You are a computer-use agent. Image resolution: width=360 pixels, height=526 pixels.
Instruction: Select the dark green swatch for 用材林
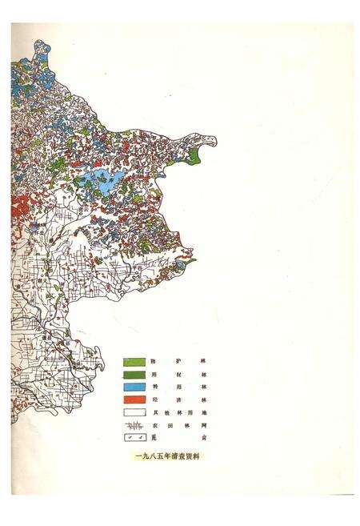tap(134, 375)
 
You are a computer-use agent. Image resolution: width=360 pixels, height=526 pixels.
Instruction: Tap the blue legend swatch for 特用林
tap(134, 387)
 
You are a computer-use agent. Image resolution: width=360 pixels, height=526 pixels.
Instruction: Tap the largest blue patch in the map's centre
tap(105, 180)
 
